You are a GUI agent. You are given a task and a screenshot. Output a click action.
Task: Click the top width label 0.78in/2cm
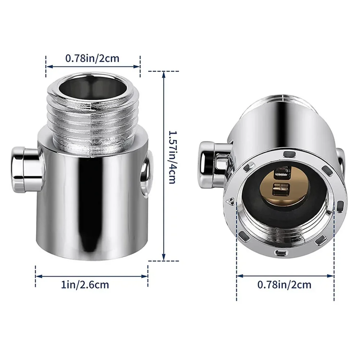[92, 58]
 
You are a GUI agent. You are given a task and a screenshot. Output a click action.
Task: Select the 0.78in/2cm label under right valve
[285, 285]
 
